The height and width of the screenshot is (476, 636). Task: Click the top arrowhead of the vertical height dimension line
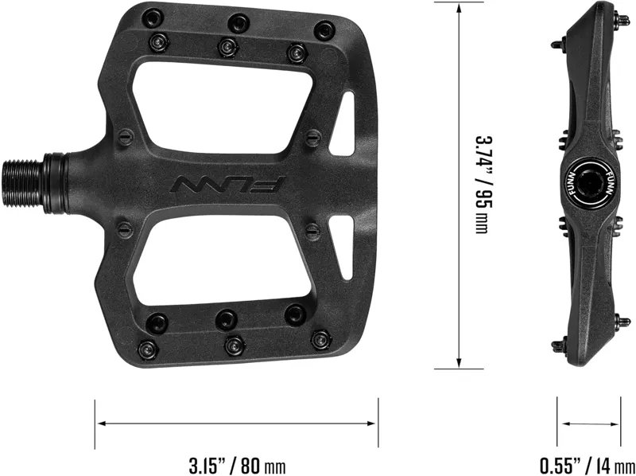[x=459, y=6]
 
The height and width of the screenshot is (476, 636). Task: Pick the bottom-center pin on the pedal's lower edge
[x=234, y=345]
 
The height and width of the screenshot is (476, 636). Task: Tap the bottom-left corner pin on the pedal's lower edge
[x=149, y=348]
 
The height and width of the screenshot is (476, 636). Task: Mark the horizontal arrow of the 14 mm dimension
[x=588, y=423]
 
